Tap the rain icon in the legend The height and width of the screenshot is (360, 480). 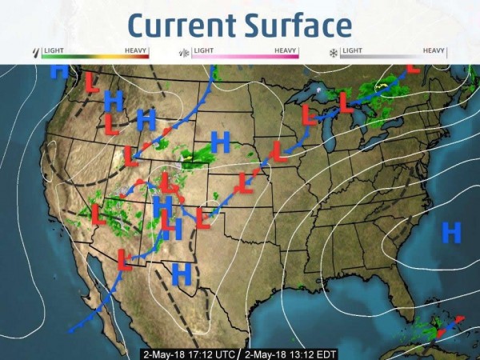[34, 54]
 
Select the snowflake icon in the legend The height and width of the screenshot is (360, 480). [332, 54]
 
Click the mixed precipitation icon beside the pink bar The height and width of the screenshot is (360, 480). [183, 54]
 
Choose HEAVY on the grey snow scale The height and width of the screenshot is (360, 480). [434, 50]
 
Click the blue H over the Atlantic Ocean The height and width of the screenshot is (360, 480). [452, 233]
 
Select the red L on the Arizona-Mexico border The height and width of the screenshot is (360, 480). [125, 258]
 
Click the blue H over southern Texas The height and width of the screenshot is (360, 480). [182, 274]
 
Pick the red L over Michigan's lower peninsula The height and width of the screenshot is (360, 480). [345, 103]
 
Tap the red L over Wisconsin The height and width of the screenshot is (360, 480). [310, 114]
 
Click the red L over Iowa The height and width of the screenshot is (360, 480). [278, 150]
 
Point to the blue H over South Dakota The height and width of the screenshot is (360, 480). [220, 142]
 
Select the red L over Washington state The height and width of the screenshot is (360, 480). [93, 82]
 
